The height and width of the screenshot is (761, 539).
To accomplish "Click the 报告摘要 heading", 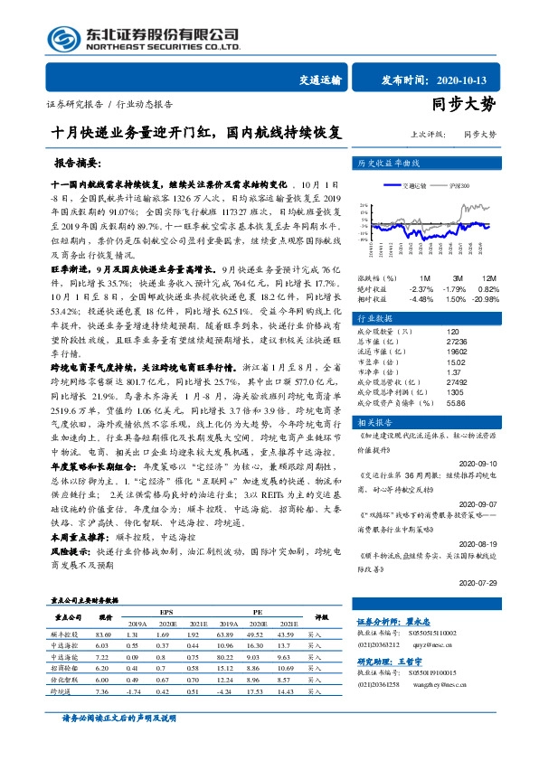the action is coord(82,165).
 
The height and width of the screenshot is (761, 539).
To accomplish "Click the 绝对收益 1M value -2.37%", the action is coord(421,288).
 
